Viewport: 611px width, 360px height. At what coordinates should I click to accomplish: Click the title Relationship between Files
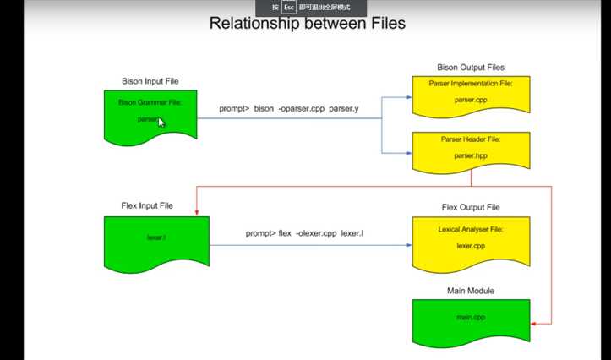[x=307, y=23]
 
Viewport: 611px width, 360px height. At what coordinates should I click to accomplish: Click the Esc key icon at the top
[x=287, y=7]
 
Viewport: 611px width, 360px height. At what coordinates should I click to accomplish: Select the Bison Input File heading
[x=150, y=81]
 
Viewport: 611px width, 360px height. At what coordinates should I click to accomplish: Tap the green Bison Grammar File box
[x=150, y=115]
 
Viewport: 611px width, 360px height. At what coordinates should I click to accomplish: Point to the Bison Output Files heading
[x=471, y=67]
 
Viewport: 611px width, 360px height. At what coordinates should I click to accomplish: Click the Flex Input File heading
[x=150, y=206]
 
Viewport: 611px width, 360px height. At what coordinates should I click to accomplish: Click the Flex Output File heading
[x=470, y=207]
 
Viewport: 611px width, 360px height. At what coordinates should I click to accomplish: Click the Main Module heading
[x=470, y=291]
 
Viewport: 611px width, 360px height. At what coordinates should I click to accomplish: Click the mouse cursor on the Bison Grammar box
[x=161, y=123]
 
